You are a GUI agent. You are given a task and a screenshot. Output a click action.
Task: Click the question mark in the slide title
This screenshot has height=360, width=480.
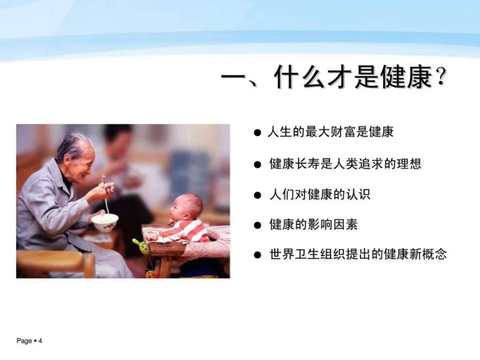coord(441,77)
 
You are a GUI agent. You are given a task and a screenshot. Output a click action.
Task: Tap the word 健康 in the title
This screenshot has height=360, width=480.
coord(406,77)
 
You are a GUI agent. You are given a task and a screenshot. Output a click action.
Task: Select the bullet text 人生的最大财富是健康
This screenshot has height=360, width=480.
coord(331,132)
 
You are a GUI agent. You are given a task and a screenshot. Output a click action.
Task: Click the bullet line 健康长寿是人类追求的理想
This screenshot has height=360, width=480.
coord(345,164)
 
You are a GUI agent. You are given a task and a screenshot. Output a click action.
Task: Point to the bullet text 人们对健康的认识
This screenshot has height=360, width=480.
coord(320,194)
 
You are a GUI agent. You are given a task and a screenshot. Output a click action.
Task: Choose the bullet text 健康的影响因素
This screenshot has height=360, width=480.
coord(314,225)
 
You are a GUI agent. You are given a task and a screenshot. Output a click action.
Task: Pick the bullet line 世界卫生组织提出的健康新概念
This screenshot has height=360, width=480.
coord(358,254)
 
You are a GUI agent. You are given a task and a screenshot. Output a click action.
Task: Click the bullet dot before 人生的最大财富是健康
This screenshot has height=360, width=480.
coord(258,133)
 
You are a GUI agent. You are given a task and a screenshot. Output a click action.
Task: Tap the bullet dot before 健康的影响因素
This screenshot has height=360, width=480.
coord(258,225)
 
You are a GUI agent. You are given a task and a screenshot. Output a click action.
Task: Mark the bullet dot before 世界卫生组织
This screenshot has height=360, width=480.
coord(258,255)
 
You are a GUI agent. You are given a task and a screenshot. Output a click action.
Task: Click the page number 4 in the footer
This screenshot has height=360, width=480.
coord(40,341)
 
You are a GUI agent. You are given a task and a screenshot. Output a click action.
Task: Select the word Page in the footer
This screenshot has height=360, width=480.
coord(24,341)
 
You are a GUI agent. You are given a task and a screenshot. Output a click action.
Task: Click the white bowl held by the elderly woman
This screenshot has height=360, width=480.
coord(105,222)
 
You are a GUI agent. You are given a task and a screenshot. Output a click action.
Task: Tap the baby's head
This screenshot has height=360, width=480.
coord(186,206)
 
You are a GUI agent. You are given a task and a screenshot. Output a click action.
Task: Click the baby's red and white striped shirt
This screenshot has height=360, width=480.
coord(183,231)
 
